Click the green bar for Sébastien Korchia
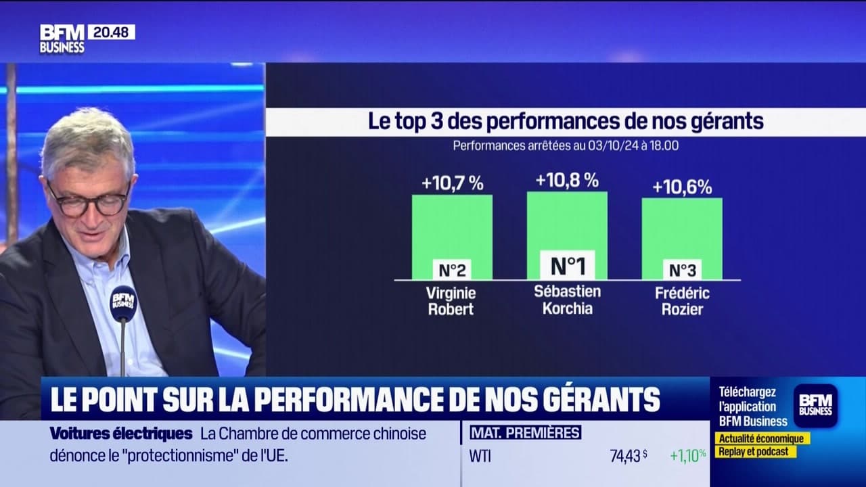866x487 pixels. coord(567,223)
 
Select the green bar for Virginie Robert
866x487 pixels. coord(452,227)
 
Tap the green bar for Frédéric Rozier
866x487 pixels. coord(682,229)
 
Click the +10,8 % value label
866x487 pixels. coord(567,180)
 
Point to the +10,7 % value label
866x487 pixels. coord(452,183)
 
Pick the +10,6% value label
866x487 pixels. coord(682,187)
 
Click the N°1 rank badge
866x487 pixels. coord(567,266)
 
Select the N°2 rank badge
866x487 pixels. coord(452,270)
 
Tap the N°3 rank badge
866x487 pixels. coord(682,270)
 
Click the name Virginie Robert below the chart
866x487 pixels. coord(451,302)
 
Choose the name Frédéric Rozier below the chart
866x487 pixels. coord(682,302)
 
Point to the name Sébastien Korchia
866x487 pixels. coord(567,299)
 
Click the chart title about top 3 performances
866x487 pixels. coord(566,122)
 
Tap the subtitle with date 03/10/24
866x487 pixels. coord(566,145)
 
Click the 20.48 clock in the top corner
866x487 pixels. coord(111,32)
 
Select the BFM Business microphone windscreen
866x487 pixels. coord(123,302)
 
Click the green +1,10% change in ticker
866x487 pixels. coord(688,456)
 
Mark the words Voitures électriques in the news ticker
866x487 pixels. coord(121,434)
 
